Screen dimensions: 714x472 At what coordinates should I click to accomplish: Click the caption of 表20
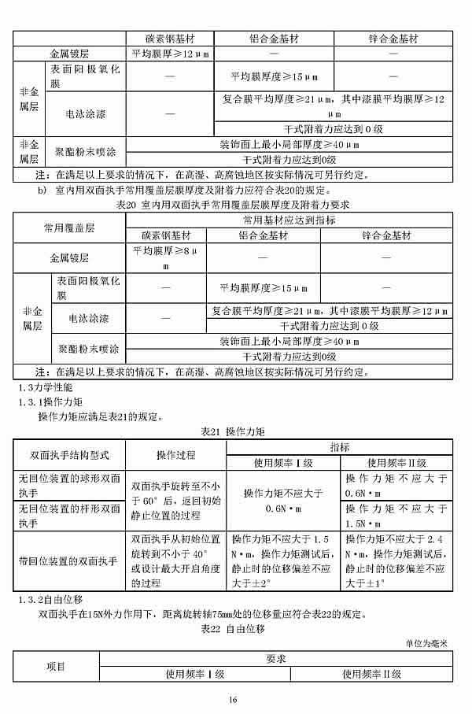coord(232,205)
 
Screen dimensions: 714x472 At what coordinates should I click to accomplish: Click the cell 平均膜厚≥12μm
coord(169,54)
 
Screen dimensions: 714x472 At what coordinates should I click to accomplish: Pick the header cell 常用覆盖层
coord(69,228)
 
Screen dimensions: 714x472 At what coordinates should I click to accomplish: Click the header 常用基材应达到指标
coord(289,220)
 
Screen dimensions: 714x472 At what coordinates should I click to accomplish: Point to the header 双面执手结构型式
coord(69,455)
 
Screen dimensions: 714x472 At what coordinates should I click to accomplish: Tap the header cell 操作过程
coord(175,455)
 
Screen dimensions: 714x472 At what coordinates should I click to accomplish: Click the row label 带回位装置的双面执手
coord(69,561)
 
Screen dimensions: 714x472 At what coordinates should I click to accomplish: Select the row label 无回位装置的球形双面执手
coord(69,483)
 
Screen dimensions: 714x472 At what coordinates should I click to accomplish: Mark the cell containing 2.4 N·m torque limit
coord(396,561)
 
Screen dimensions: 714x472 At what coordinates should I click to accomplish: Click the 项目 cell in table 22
coord(56,666)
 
